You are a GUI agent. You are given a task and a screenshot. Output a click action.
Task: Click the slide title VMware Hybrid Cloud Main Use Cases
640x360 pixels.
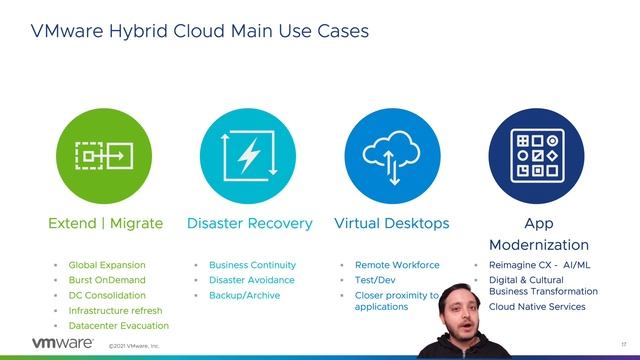pos(200,31)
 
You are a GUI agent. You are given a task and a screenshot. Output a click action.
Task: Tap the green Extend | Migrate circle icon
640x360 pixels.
pos(104,154)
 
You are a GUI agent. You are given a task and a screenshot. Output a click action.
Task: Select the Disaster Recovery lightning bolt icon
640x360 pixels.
pos(247,154)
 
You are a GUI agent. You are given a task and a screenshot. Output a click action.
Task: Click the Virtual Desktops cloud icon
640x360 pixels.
pos(392,154)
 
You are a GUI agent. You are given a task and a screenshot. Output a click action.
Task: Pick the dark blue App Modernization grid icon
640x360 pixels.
pos(537,154)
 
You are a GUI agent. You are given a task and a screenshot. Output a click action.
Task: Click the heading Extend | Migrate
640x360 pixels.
pos(104,223)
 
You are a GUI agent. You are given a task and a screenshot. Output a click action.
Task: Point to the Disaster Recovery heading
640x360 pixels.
pos(250,223)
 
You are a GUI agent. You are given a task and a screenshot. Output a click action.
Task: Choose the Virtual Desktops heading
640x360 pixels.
pos(392,223)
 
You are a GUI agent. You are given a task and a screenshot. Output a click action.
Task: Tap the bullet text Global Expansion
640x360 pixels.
pos(107,265)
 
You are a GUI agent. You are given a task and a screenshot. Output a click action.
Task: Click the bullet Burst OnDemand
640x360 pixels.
pos(106,280)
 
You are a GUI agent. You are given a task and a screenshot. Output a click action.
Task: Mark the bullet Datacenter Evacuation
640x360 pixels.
pos(118,325)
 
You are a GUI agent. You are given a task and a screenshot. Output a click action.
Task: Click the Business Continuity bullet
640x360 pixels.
pos(252,265)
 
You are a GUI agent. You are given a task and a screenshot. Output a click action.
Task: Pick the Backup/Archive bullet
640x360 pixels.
pos(245,295)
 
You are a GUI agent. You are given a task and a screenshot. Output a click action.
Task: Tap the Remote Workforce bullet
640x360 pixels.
pos(397,265)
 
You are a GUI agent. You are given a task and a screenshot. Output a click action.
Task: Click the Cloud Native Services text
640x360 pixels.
pos(537,306)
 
